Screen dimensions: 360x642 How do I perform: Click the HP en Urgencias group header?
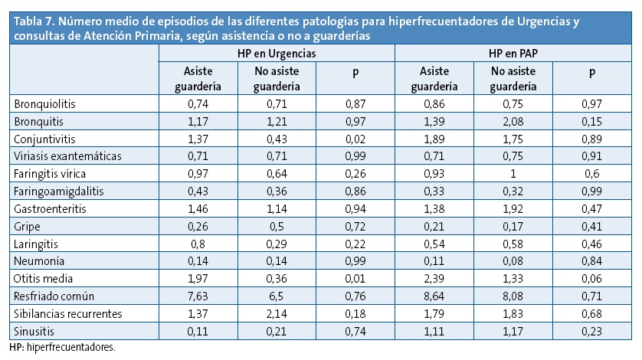(x=277, y=54)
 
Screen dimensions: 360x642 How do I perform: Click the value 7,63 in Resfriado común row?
(x=198, y=296)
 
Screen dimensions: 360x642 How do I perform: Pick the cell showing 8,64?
(x=434, y=296)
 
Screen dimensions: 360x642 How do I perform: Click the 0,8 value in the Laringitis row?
(x=198, y=244)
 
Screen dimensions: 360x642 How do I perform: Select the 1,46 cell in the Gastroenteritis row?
(x=198, y=209)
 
